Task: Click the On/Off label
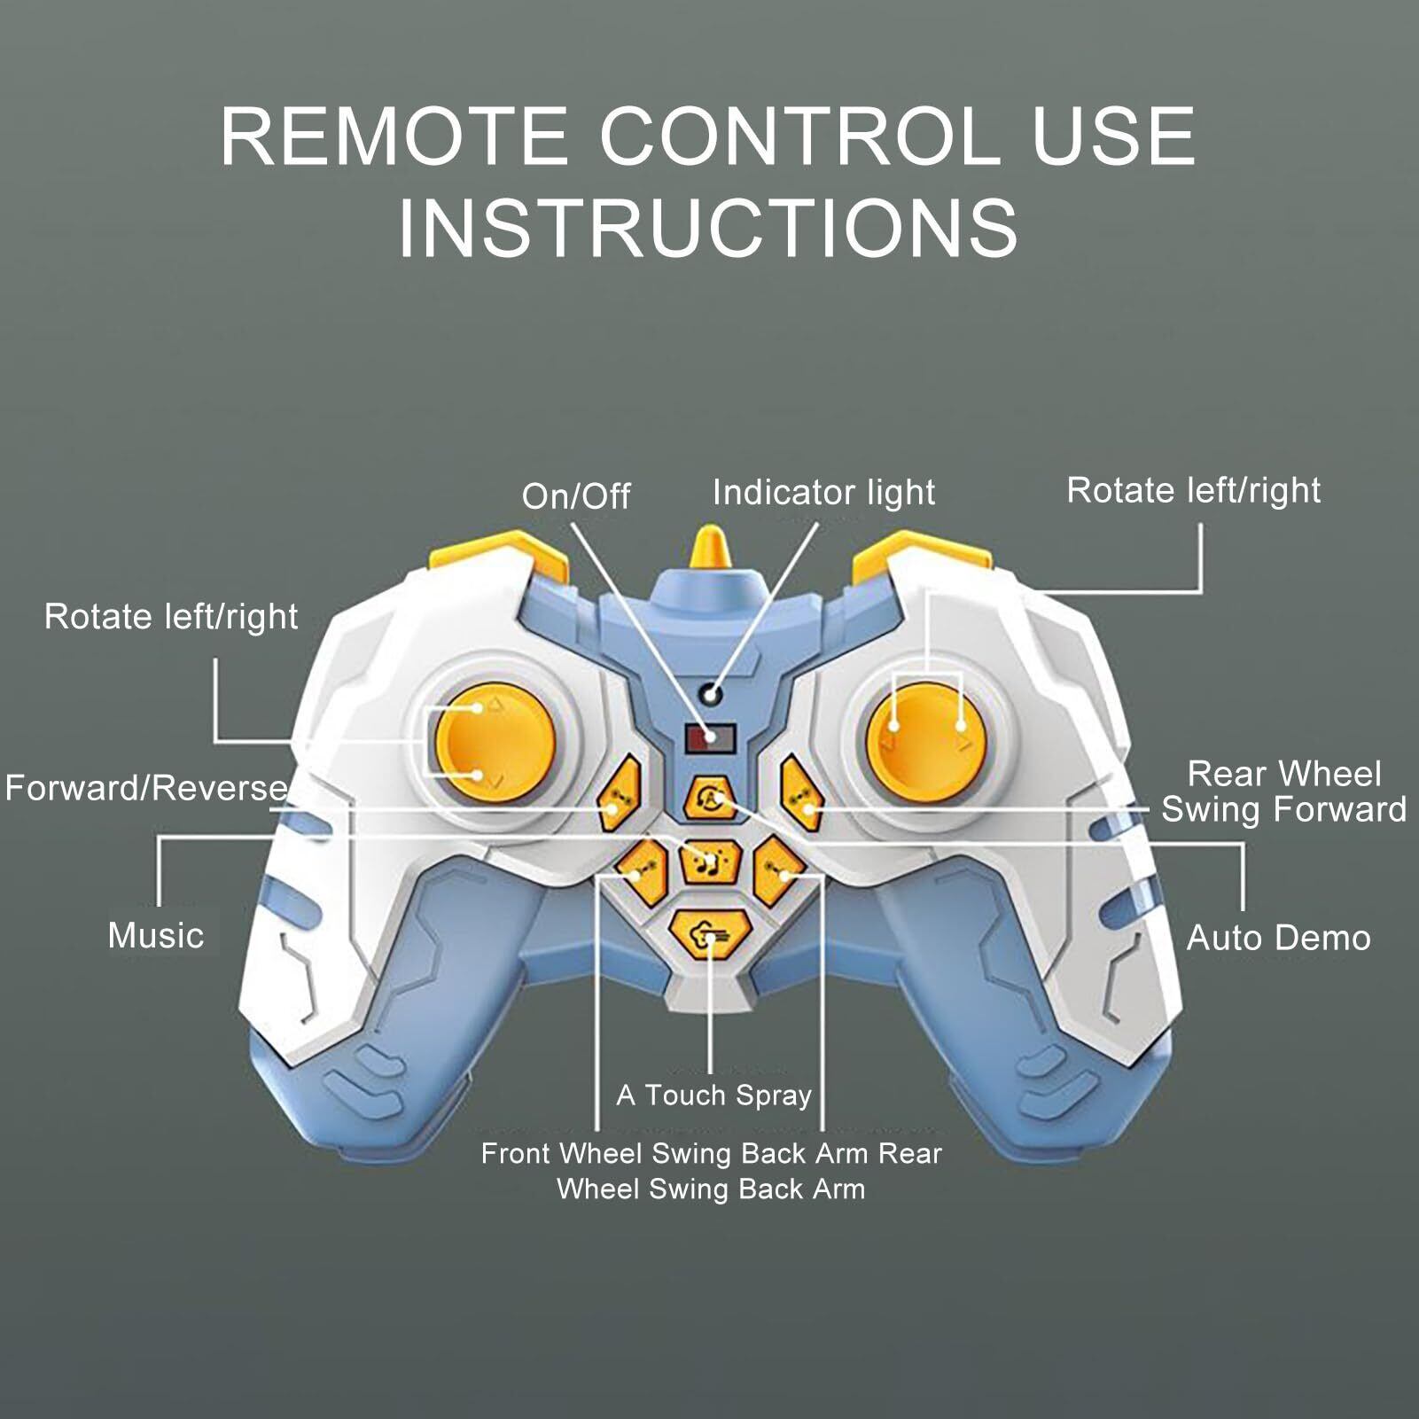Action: click(x=575, y=496)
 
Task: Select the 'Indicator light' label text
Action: click(x=823, y=493)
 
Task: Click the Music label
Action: click(x=156, y=936)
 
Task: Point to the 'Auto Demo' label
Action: click(x=1278, y=938)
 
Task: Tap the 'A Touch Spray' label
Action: click(x=713, y=1095)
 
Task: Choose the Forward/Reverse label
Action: click(x=146, y=788)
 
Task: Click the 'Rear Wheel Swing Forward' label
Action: click(x=1283, y=791)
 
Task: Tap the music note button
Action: click(x=709, y=861)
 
